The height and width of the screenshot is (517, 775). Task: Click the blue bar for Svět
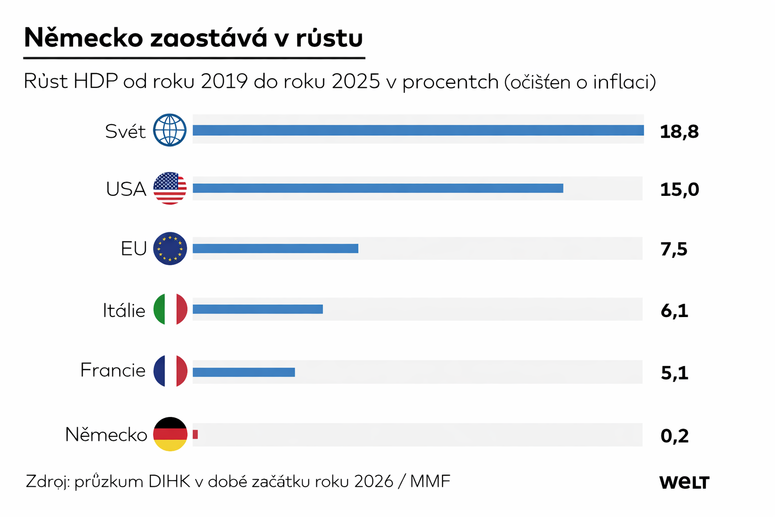click(x=418, y=130)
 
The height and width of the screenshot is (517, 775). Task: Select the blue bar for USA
click(x=377, y=188)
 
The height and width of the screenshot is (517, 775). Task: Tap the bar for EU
click(x=275, y=248)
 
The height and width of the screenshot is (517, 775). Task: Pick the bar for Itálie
click(x=257, y=309)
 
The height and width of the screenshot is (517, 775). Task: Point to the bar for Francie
click(x=243, y=372)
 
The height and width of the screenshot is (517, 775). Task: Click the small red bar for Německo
click(x=195, y=434)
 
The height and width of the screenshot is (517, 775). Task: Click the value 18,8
click(x=679, y=132)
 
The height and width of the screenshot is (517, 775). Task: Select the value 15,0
click(x=679, y=190)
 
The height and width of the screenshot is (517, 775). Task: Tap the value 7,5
click(x=674, y=249)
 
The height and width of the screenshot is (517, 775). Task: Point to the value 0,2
click(x=675, y=436)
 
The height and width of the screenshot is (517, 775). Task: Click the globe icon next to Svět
click(x=170, y=130)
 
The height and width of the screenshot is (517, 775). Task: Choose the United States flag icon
click(x=170, y=188)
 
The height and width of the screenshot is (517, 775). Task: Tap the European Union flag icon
click(x=170, y=248)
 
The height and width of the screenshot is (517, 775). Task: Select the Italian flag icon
click(x=170, y=309)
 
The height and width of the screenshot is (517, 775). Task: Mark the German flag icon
click(x=170, y=434)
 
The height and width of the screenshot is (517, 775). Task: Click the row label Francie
click(x=113, y=371)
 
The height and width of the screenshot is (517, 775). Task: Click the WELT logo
click(x=684, y=482)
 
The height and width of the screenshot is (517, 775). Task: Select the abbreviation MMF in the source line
click(x=430, y=482)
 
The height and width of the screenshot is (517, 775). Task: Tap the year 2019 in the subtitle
click(x=224, y=82)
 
